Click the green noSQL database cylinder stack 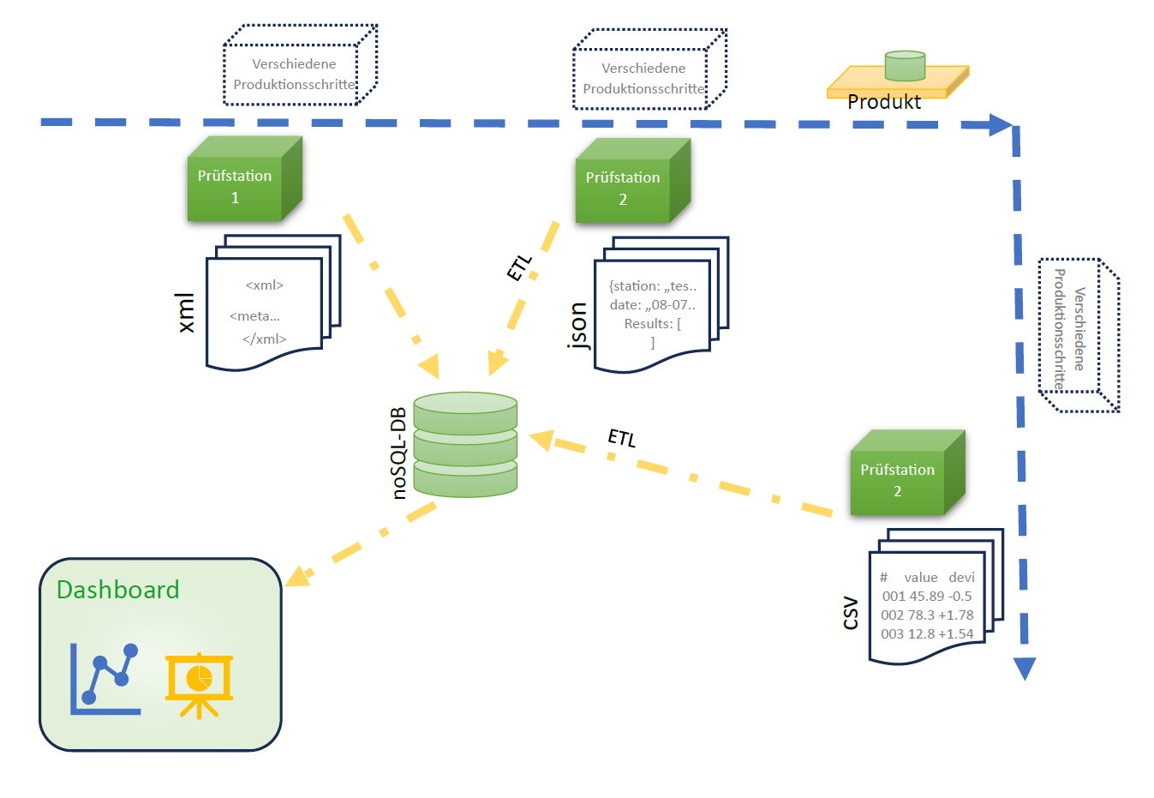(465, 444)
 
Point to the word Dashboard (118, 590)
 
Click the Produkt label (884, 102)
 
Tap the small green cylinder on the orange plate (905, 66)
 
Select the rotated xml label (185, 313)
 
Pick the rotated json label (579, 326)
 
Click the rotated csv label (850, 613)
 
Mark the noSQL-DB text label (399, 453)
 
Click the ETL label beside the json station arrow (519, 267)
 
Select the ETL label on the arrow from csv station (622, 438)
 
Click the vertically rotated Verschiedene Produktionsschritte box (1078, 334)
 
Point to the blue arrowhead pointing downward (1025, 669)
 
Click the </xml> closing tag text (264, 339)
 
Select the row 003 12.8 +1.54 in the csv (927, 634)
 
